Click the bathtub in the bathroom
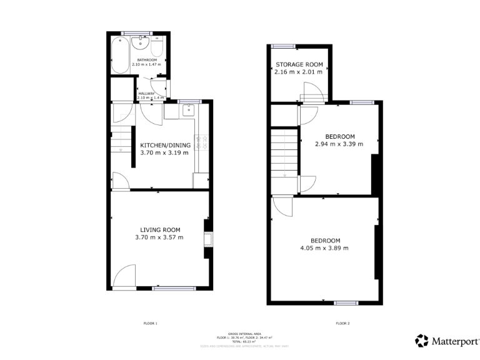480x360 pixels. pyautogui.click(x=119, y=54)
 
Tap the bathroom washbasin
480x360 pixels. pyautogui.click(x=141, y=43)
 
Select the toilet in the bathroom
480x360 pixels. pyautogui.click(x=157, y=49)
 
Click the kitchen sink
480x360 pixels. pyautogui.click(x=189, y=111)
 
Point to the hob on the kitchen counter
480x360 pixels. pyautogui.click(x=202, y=142)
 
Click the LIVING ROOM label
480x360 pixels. pyautogui.click(x=160, y=229)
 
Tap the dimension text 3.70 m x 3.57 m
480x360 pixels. pyautogui.click(x=159, y=237)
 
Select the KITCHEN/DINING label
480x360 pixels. pyautogui.click(x=164, y=144)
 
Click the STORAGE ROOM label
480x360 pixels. pyautogui.click(x=298, y=64)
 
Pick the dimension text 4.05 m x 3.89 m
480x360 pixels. pyautogui.click(x=325, y=248)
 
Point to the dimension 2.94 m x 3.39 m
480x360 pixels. pyautogui.click(x=340, y=144)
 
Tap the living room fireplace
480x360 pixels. pyautogui.click(x=207, y=239)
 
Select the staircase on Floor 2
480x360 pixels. pyautogui.click(x=284, y=153)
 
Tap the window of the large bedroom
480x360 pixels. pyautogui.click(x=345, y=303)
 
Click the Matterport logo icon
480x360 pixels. pyautogui.click(x=422, y=341)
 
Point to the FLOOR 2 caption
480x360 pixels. pyautogui.click(x=342, y=323)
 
